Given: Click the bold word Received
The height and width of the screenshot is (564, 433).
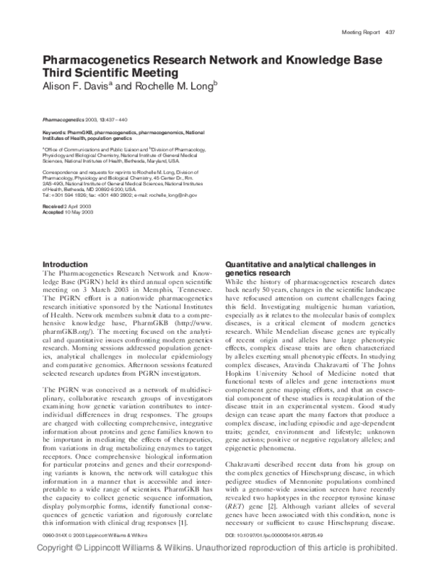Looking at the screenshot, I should point(56,207).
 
